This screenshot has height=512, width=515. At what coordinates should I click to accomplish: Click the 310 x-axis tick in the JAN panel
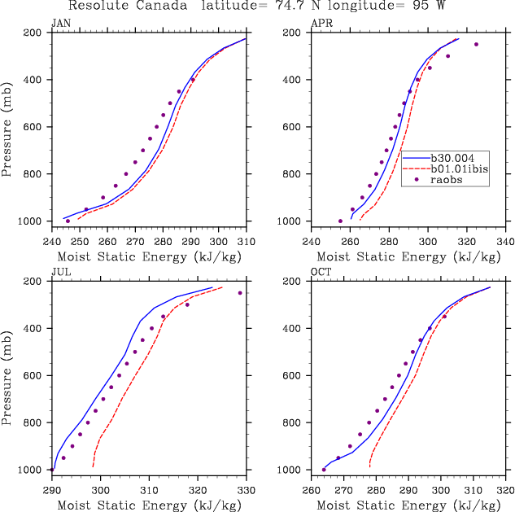[x=247, y=242]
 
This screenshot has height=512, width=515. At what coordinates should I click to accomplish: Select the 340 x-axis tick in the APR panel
[x=505, y=242]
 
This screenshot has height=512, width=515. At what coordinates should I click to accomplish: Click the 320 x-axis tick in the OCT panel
[x=505, y=491]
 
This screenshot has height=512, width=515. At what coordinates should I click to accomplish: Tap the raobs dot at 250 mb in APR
[x=477, y=44]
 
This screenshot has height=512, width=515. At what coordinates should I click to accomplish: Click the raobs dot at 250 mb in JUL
[x=240, y=293]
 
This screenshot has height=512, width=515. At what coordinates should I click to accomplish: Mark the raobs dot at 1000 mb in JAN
[x=68, y=221]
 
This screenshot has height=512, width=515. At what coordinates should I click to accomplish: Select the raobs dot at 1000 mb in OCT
[x=324, y=470]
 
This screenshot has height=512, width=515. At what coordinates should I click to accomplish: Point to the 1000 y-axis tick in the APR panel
[x=290, y=221]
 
